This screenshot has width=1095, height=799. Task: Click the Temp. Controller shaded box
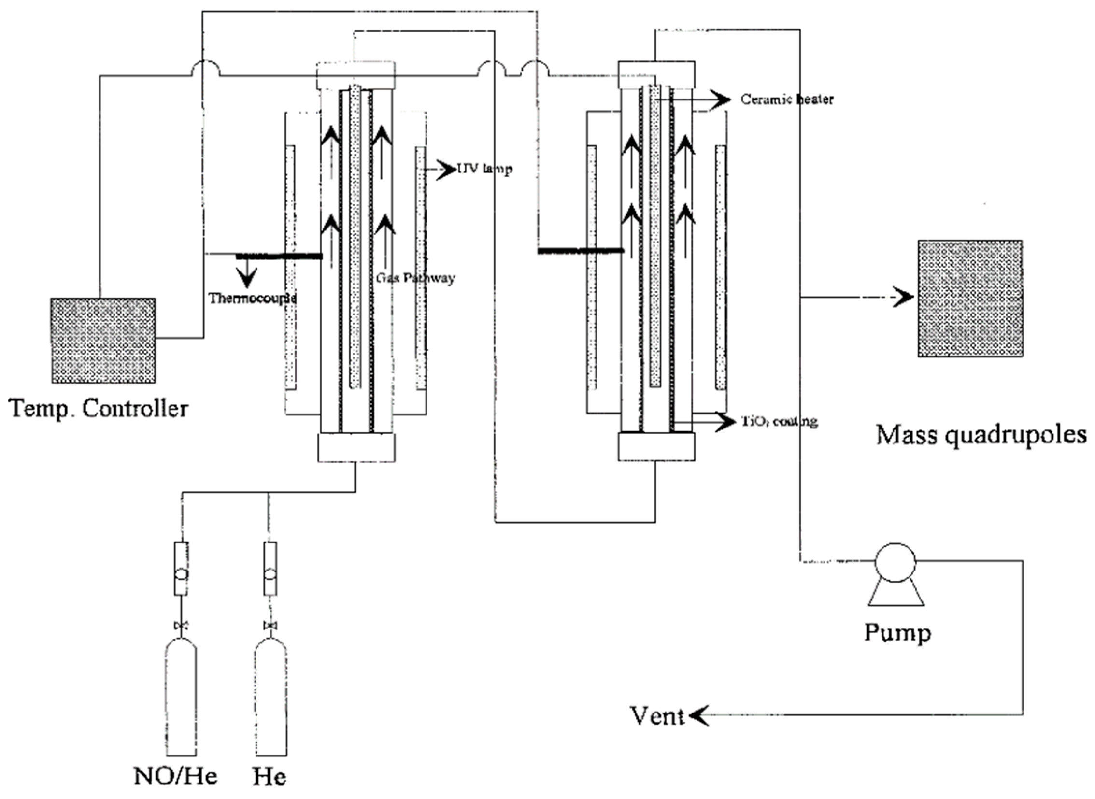pyautogui.click(x=103, y=341)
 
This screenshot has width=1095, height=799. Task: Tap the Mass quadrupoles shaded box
pyautogui.click(x=970, y=299)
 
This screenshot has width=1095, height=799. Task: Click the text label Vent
pyautogui.click(x=656, y=716)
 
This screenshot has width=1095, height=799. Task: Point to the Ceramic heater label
pyautogui.click(x=787, y=100)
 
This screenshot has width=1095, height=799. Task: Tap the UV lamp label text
pyautogui.click(x=484, y=169)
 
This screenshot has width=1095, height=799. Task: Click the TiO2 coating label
pyautogui.click(x=780, y=422)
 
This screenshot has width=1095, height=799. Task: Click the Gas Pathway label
pyautogui.click(x=415, y=278)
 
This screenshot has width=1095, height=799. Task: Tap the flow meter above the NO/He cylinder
pyautogui.click(x=181, y=569)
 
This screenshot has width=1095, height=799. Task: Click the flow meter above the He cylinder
pyautogui.click(x=270, y=569)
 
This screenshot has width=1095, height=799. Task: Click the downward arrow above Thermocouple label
pyautogui.click(x=247, y=278)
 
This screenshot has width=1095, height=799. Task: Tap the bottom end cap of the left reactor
pyautogui.click(x=356, y=447)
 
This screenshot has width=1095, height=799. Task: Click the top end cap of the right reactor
pyautogui.click(x=657, y=74)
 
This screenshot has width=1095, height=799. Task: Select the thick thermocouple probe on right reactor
pyautogui.click(x=581, y=251)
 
